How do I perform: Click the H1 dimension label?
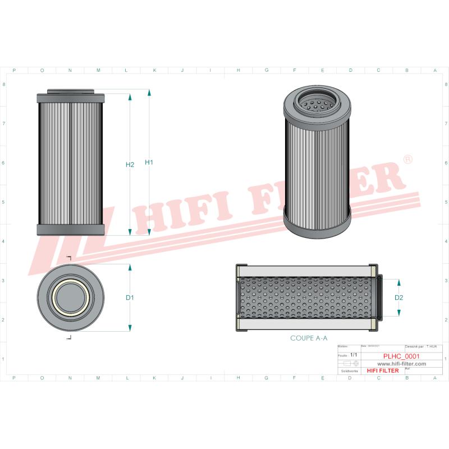click(149, 163)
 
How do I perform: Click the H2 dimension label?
click(130, 165)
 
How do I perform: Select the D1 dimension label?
click(129, 297)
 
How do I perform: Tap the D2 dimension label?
click(399, 297)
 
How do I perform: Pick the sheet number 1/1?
click(353, 355)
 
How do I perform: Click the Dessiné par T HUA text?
click(423, 348)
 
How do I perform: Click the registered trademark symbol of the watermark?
click(408, 160)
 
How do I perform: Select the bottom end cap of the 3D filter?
click(317, 224)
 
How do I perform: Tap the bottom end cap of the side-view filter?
click(70, 230)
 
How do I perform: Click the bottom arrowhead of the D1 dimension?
click(130, 328)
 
